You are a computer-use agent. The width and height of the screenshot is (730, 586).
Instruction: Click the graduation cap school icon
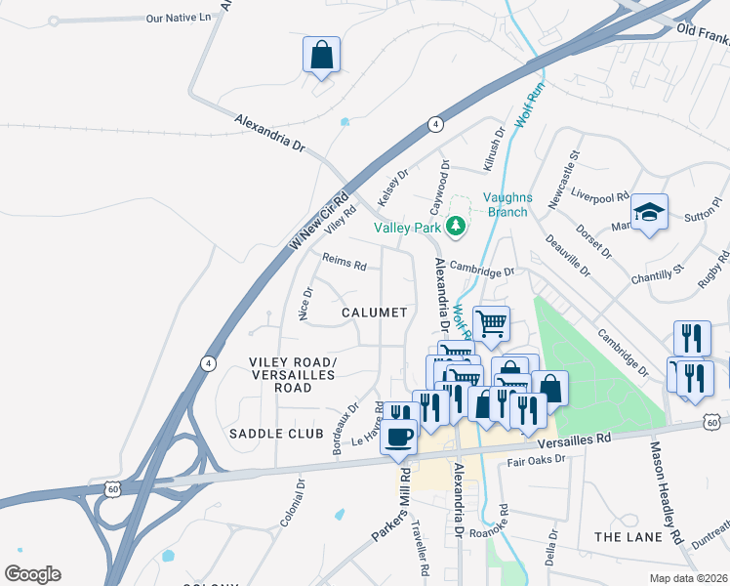pos(649,212)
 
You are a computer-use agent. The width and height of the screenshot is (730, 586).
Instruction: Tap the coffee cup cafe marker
pos(399,437)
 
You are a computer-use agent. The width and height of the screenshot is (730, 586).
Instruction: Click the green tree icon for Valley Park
pos(455,227)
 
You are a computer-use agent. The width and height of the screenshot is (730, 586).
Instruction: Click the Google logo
pos(32,574)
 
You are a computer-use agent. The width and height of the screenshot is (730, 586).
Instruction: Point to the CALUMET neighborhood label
pos(374,313)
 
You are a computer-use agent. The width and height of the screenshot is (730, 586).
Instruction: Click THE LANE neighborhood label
pos(628,537)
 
